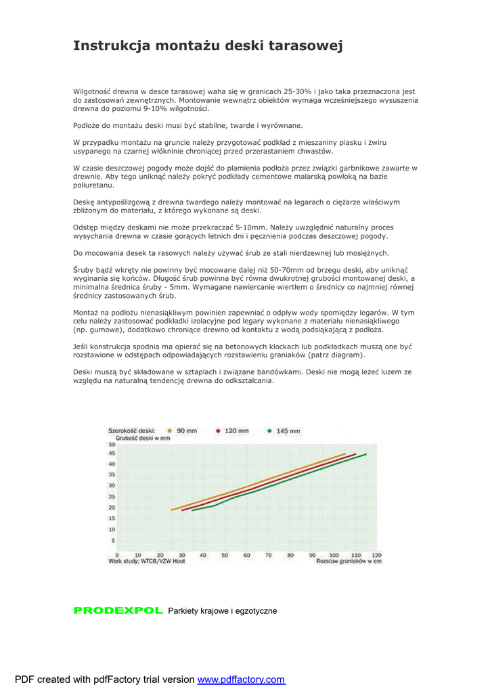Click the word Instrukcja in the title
pos(112,46)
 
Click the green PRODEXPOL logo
pos(118,610)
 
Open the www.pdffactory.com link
pos(241,679)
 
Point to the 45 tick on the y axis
pos(112,453)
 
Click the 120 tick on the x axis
pos(376,555)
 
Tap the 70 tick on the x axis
pos(268,555)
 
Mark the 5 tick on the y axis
pos(113,540)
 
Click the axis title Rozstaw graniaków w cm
pos(348,562)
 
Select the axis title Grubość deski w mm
pos(143,438)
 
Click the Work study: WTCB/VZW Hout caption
pos(147,562)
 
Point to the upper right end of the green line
pos(366,454)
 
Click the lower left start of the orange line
pos(172,510)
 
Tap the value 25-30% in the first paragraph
pos(296,91)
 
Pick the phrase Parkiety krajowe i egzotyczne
pos(223,611)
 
